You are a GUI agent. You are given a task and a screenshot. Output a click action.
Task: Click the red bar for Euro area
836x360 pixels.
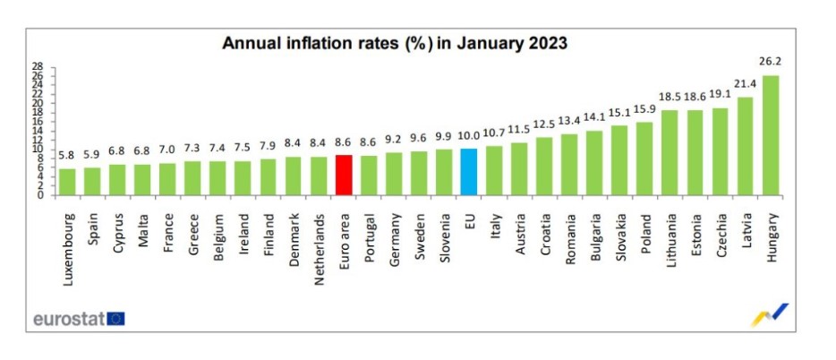(343, 175)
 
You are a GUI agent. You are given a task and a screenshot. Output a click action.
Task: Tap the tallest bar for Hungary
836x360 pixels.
(770, 134)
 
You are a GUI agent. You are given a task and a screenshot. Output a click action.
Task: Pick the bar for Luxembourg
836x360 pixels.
(67, 181)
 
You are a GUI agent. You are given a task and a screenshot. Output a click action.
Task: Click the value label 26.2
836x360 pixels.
(770, 64)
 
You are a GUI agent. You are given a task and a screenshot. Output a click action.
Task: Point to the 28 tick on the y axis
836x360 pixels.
(37, 66)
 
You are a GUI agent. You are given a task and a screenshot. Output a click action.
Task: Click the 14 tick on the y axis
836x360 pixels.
(37, 131)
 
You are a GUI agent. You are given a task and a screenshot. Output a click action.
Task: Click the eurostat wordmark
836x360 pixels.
(68, 318)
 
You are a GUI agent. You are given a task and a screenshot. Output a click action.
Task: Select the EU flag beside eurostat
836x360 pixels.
(115, 318)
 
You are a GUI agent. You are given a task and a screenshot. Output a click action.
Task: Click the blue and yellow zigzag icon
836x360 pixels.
(769, 315)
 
